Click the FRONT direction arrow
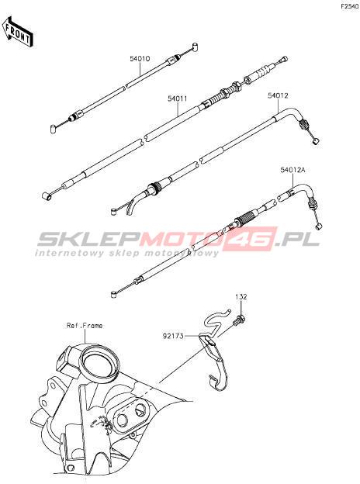pos(18,32)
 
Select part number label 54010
pos(140,58)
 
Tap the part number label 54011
pos(178,99)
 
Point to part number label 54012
pos(278,95)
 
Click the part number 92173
pos(173,336)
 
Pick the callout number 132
pos(241,297)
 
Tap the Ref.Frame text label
pos(85,326)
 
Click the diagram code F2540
pos(349,6)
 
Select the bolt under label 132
pos(239,320)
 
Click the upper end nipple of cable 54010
pos(195,47)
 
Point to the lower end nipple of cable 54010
pos(53,128)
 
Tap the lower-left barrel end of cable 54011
pos(47,196)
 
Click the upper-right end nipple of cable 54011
pos(285,59)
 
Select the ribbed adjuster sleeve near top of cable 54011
pos(260,74)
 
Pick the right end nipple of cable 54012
pos(316,141)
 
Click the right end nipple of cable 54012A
pos(320,226)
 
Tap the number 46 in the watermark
pos(250,238)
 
